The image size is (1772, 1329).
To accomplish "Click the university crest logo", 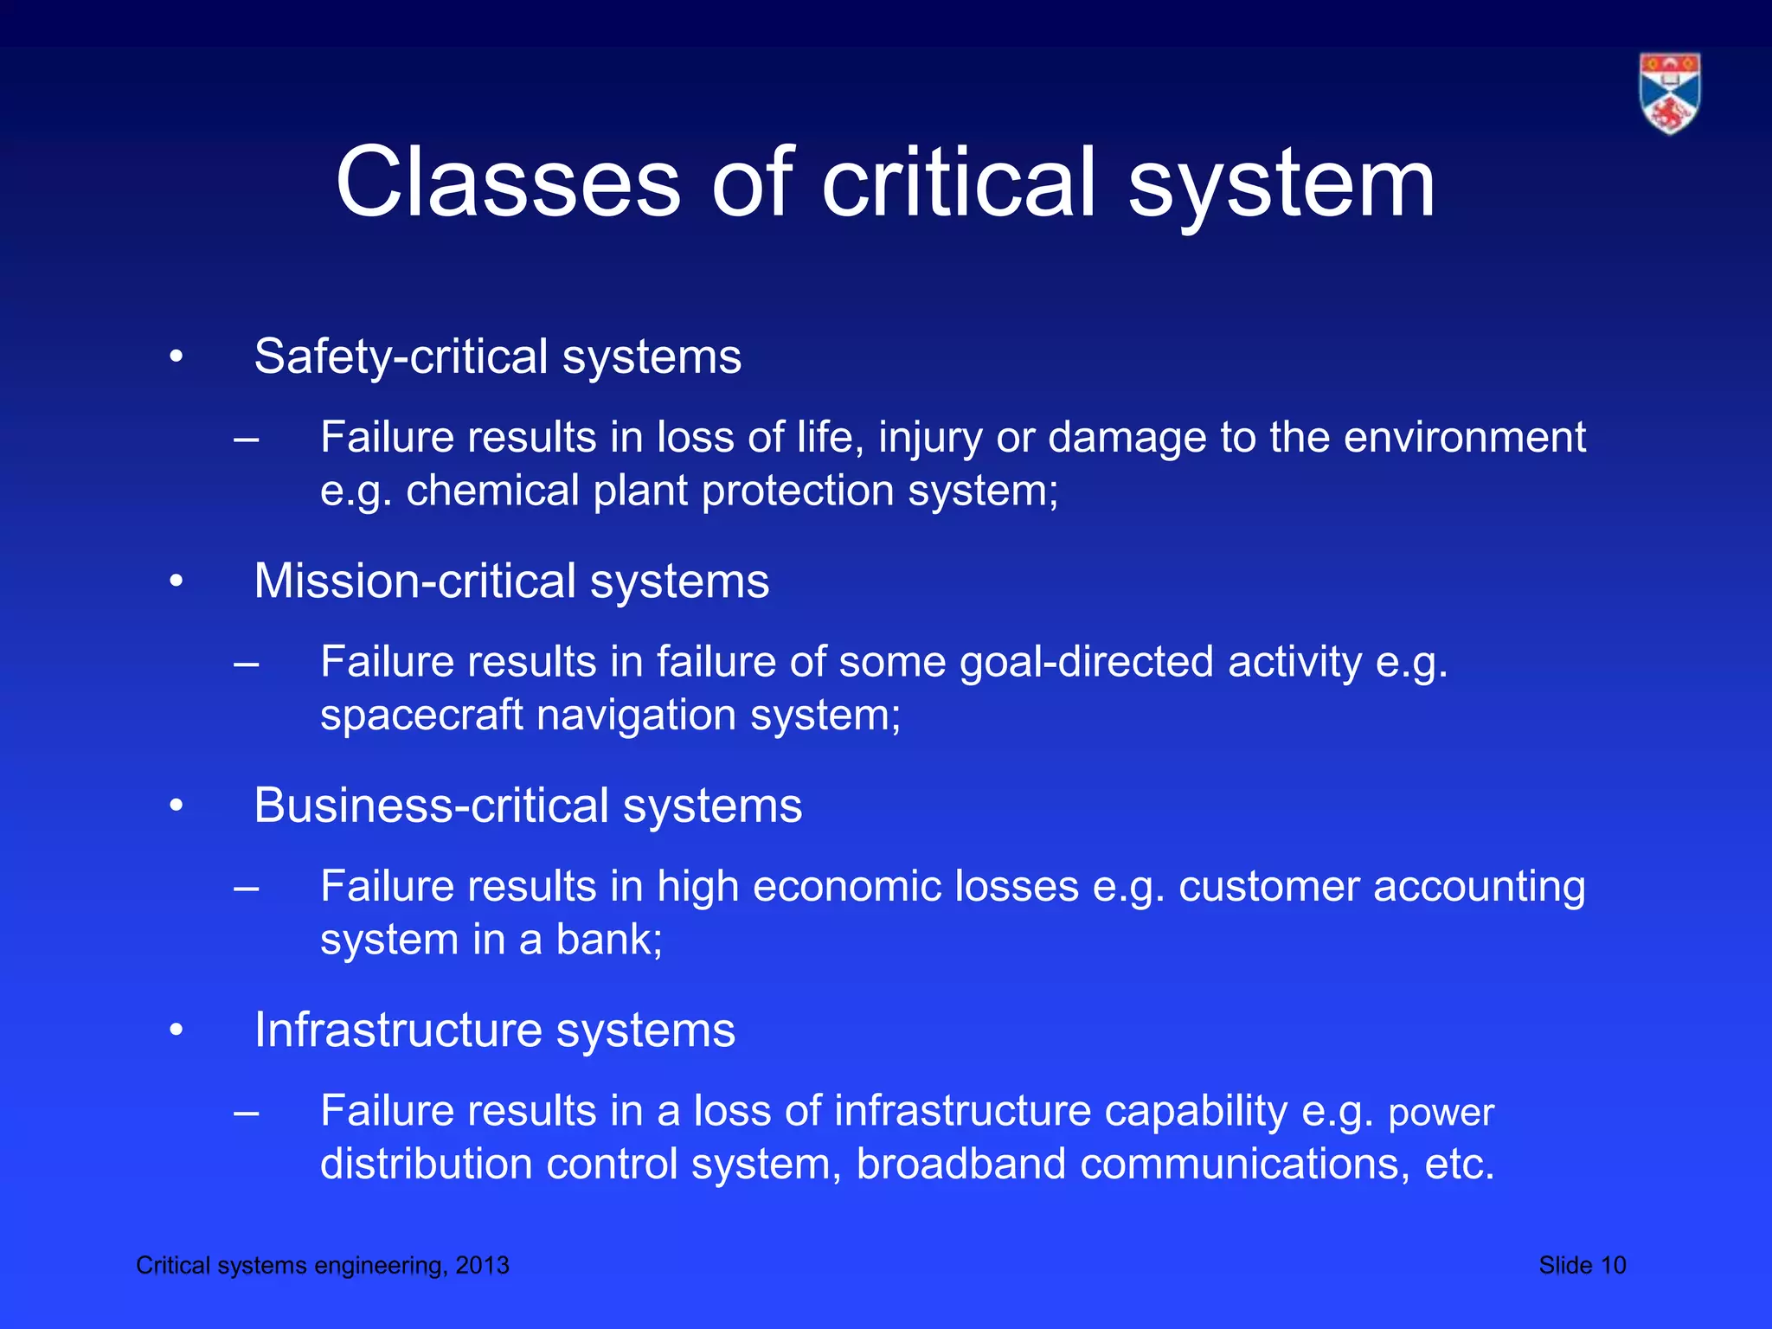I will click(x=1669, y=93).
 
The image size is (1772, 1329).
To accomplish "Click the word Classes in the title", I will click(x=509, y=183).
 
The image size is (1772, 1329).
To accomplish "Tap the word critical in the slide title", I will click(x=959, y=183).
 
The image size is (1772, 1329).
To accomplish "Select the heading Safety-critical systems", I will click(x=498, y=356).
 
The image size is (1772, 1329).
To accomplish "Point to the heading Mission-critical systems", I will click(x=511, y=581).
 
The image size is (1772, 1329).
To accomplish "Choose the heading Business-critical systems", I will click(x=528, y=806).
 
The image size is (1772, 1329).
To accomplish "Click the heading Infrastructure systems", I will click(x=494, y=1030).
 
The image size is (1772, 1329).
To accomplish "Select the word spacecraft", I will click(x=421, y=716).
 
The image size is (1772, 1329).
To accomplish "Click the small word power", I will click(x=1441, y=1114).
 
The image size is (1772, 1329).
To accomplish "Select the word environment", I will click(x=1464, y=438).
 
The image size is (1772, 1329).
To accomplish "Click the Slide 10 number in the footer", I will click(x=1582, y=1265).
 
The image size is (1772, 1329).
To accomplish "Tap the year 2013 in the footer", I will click(x=482, y=1265).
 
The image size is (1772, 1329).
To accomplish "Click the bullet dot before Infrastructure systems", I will click(x=177, y=1030).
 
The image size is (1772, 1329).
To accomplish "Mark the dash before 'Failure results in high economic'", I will click(x=247, y=888).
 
